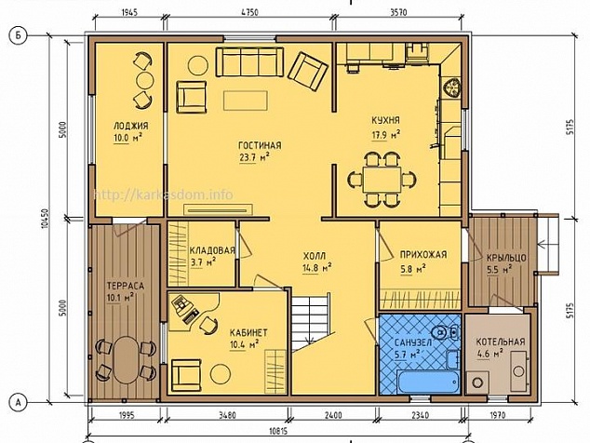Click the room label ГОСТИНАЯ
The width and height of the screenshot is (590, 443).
pyautogui.click(x=260, y=145)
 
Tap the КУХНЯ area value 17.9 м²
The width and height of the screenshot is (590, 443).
pyautogui.click(x=385, y=135)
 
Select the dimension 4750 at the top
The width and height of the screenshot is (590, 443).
pyautogui.click(x=249, y=12)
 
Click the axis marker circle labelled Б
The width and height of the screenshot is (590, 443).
pyautogui.click(x=18, y=36)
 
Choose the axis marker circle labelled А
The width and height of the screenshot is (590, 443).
pyautogui.click(x=18, y=402)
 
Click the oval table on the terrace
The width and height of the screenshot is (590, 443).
pyautogui.click(x=126, y=359)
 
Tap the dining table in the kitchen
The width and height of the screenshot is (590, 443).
pyautogui.click(x=382, y=180)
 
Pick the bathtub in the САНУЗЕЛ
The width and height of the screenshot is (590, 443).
pyautogui.click(x=429, y=382)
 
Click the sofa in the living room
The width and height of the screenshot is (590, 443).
pyautogui.click(x=249, y=62)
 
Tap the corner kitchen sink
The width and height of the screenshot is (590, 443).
pyautogui.click(x=452, y=88)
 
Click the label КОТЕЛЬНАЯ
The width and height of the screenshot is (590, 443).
pyautogui.click(x=501, y=342)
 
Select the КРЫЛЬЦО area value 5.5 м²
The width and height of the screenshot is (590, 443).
pyautogui.click(x=499, y=270)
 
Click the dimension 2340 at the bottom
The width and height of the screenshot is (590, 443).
pyautogui.click(x=420, y=415)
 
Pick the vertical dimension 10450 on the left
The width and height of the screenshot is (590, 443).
pyautogui.click(x=46, y=219)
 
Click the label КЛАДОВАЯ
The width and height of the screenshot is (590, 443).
pyautogui.click(x=212, y=250)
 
